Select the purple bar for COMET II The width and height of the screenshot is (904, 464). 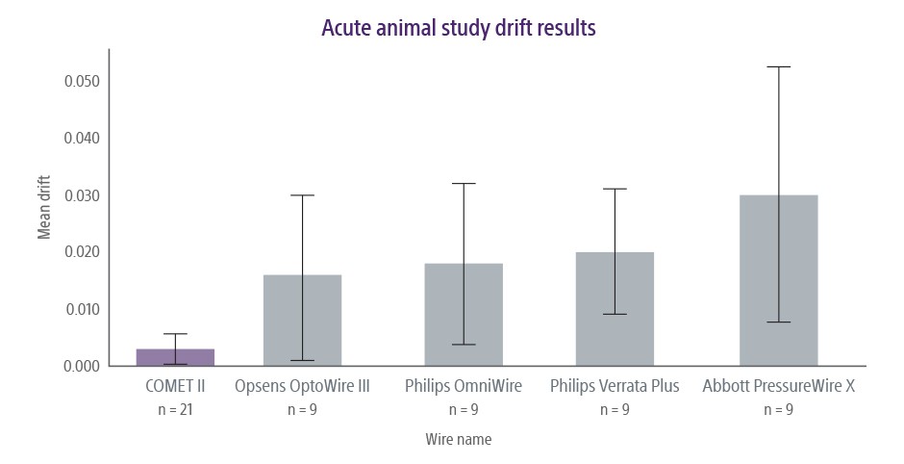pos(175,357)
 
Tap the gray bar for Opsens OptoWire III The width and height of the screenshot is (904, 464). pos(302,321)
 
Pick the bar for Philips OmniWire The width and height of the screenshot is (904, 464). pos(464,315)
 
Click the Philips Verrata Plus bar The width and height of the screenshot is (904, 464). pos(615,309)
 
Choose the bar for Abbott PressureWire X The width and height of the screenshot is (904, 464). pos(778,280)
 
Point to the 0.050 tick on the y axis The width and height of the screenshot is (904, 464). pos(82,81)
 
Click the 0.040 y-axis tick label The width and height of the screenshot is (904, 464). pos(82,138)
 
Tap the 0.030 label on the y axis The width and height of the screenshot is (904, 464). pos(82,195)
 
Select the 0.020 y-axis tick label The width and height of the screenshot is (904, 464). pos(82,252)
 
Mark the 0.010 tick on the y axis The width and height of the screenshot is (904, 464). pos(82,309)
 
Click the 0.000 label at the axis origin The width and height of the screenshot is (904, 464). pos(82,366)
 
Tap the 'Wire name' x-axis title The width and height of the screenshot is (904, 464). pos(458,439)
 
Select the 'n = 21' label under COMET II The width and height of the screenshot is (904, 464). pos(175,409)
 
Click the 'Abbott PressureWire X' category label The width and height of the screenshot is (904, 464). pos(778,387)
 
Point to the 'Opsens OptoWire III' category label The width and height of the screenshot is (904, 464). pos(302,387)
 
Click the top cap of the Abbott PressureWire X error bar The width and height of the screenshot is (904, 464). pos(778,66)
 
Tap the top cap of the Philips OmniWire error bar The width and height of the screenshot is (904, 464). pos(464,183)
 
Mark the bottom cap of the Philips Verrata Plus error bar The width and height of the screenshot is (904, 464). pos(615,314)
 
